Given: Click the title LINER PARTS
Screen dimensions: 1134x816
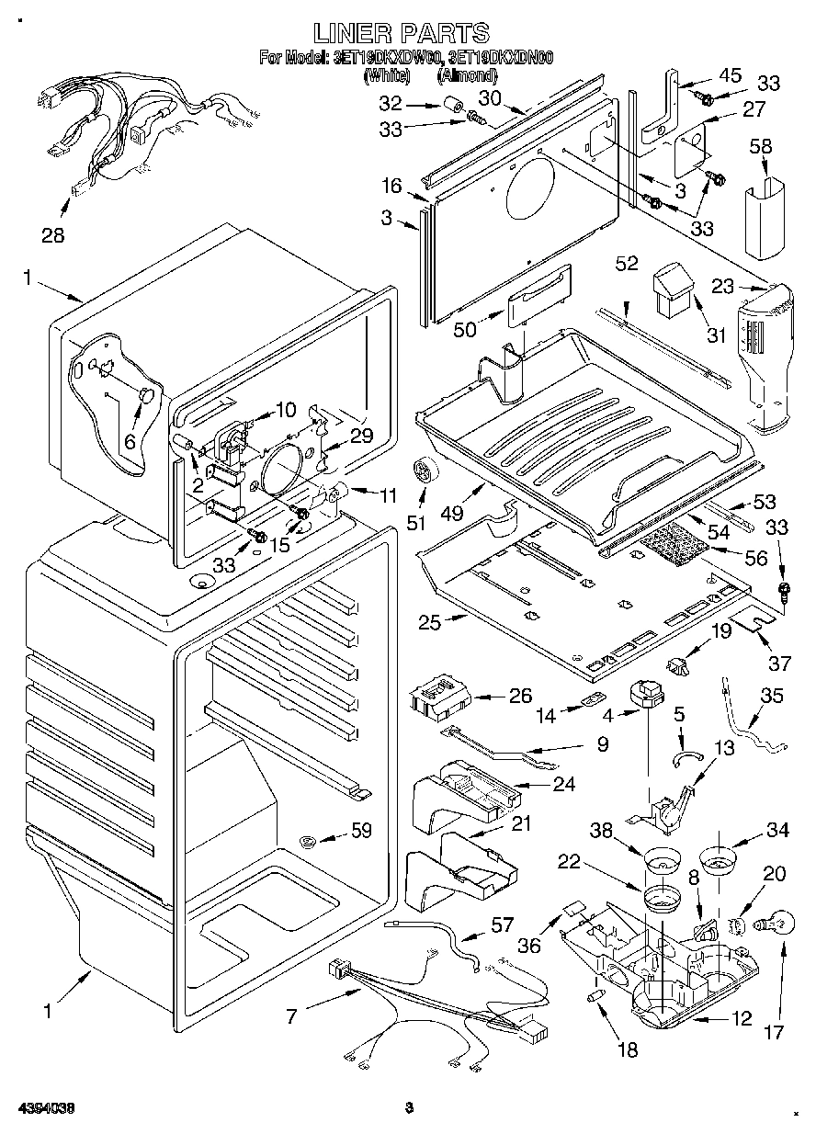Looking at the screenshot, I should pyautogui.click(x=402, y=34).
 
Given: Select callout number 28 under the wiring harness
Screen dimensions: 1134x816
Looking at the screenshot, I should pyautogui.click(x=53, y=235).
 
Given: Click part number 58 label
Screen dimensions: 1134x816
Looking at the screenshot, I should pyautogui.click(x=761, y=147).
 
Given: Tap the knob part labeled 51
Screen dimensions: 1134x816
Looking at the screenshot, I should pyautogui.click(x=425, y=471).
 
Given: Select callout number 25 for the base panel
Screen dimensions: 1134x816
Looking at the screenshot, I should pyautogui.click(x=430, y=622).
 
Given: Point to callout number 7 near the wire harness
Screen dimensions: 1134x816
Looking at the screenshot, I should pyautogui.click(x=291, y=1016).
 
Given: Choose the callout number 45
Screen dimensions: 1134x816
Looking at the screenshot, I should pyautogui.click(x=730, y=75).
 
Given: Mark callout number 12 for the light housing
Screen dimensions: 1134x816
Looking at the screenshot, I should pyautogui.click(x=742, y=1018).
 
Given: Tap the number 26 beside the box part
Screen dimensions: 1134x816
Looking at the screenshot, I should pyautogui.click(x=521, y=696).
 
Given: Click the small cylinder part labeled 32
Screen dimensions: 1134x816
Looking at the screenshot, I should pyautogui.click(x=452, y=106).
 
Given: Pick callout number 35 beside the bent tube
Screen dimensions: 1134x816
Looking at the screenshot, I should pyautogui.click(x=773, y=696).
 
